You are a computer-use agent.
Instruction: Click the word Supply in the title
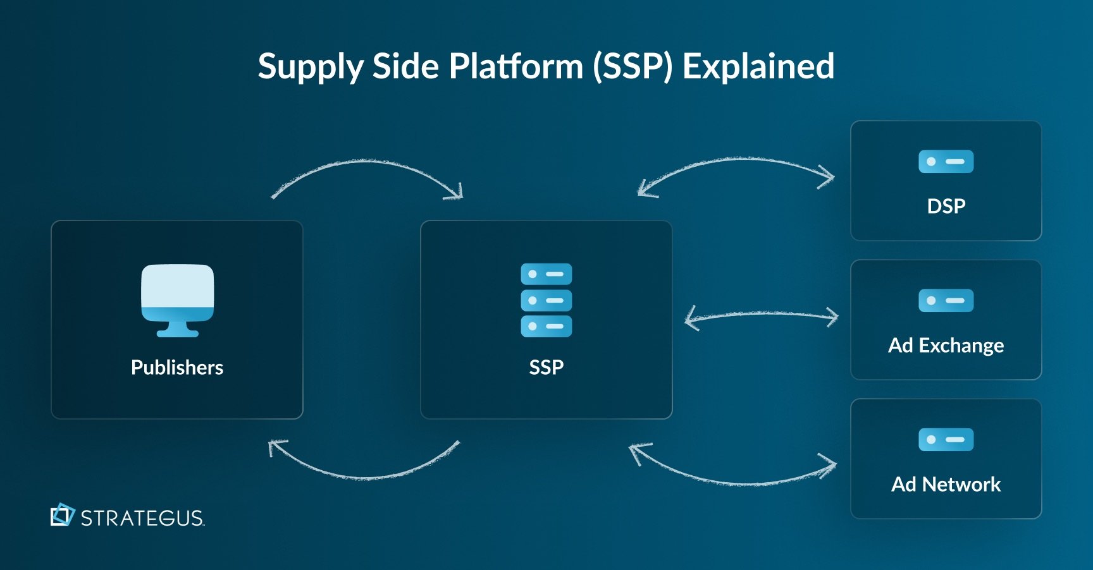(x=310, y=67)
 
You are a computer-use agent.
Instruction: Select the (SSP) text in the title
(x=632, y=66)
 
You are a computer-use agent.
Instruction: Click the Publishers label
(x=177, y=367)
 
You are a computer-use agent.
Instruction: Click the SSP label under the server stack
(x=546, y=367)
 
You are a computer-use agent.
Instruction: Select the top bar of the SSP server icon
(x=546, y=274)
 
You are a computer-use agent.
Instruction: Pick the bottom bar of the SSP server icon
(x=546, y=326)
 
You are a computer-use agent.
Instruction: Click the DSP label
(x=946, y=206)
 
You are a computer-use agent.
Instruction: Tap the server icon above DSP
(x=946, y=162)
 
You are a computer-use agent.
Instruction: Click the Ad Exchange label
(x=946, y=346)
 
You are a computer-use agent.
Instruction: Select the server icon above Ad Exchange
(x=946, y=301)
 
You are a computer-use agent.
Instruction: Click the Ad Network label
(x=946, y=485)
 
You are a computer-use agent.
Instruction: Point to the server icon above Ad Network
(x=946, y=440)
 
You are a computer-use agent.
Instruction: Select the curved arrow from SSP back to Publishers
(x=367, y=476)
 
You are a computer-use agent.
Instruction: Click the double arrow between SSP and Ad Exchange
(x=762, y=314)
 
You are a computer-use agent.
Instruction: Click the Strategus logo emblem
(x=62, y=515)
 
